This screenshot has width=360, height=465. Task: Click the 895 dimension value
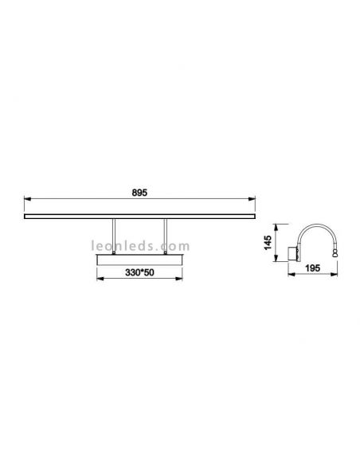pos(139,193)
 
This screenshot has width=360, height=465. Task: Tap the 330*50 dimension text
pos(139,272)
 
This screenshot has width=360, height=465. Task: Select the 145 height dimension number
pos(268,243)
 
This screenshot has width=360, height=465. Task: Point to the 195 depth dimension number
pos(313,268)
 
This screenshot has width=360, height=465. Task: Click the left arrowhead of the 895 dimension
pos(27,199)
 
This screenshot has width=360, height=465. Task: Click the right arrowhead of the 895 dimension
pos(252,199)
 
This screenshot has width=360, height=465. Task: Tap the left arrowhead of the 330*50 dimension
pos(100,278)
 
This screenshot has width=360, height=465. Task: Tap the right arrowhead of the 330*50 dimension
pos(179,278)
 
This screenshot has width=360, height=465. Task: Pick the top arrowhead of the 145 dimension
pos(276,228)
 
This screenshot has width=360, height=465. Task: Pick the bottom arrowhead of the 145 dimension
pos(276,258)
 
